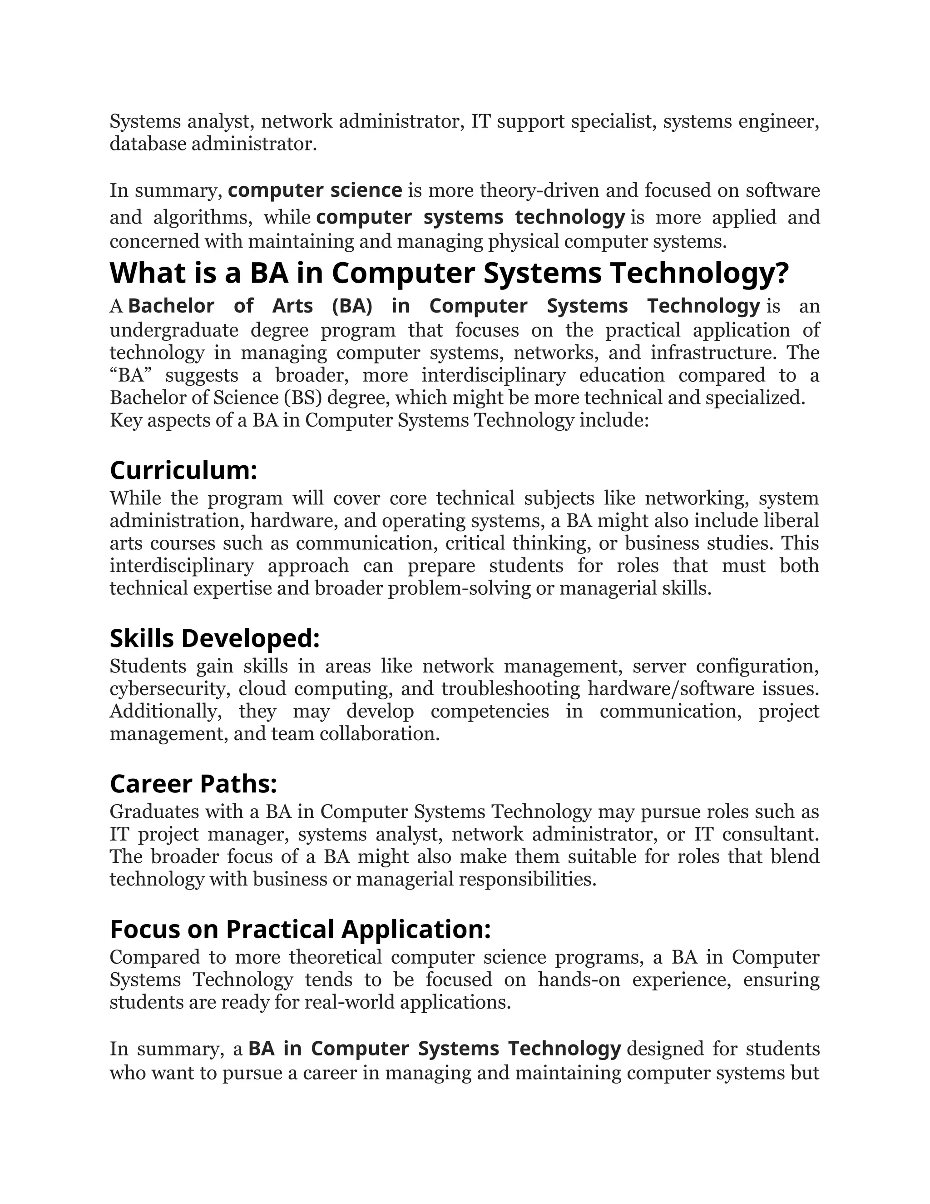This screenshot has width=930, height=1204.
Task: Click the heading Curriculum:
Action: pos(183,470)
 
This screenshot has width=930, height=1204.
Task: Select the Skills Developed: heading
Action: pos(214,638)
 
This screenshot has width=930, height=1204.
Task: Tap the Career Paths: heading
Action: pos(193,783)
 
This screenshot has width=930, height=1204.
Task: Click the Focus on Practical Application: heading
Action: pos(300,929)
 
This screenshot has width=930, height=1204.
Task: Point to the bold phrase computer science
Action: pos(315,190)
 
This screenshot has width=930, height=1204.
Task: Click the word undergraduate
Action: pos(173,330)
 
